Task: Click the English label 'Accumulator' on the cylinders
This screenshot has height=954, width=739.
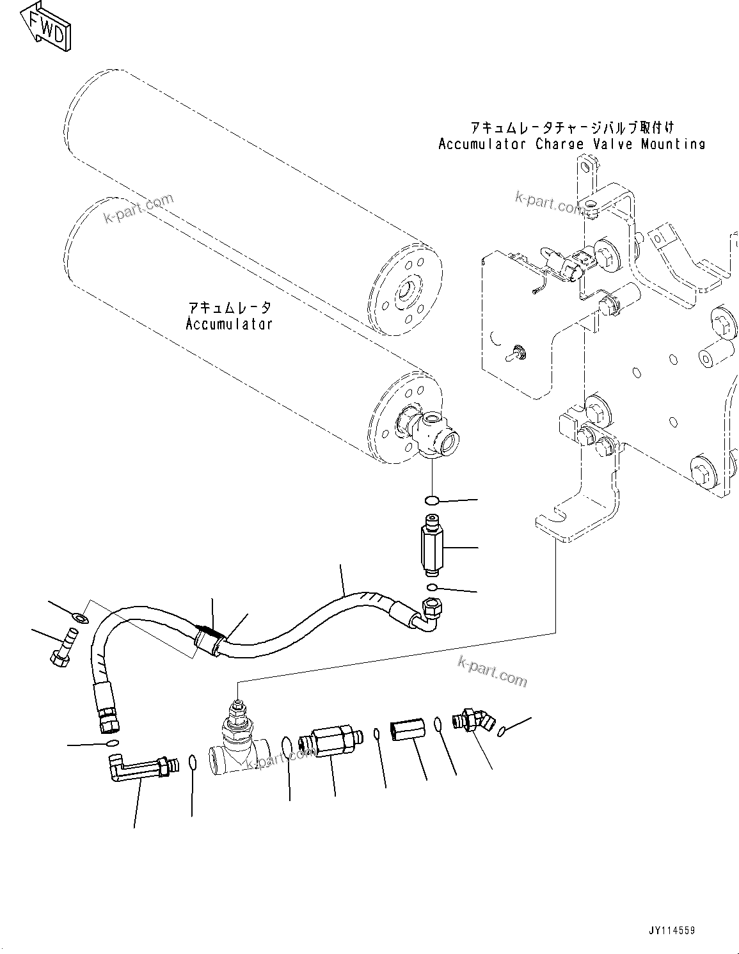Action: (x=229, y=324)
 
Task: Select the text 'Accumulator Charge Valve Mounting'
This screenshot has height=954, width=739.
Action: (x=571, y=144)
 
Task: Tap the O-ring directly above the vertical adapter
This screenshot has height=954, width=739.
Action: (x=433, y=500)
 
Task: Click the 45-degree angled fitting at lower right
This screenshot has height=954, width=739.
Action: (x=473, y=720)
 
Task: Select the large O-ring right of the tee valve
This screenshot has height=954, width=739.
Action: (x=287, y=746)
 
